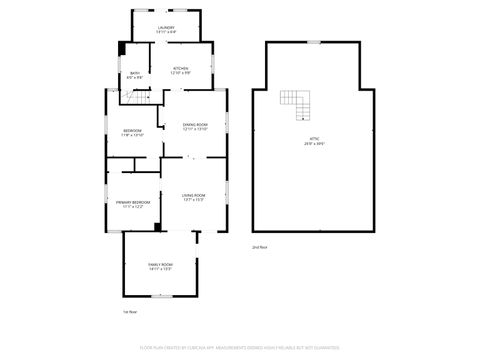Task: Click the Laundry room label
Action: pyautogui.click(x=165, y=30)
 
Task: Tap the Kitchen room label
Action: pyautogui.click(x=180, y=70)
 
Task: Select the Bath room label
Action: pyautogui.click(x=135, y=74)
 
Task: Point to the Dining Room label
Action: pyautogui.click(x=195, y=127)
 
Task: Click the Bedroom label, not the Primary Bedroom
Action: pyautogui.click(x=132, y=133)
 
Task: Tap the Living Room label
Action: pyautogui.click(x=194, y=197)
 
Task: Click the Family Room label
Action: pyautogui.click(x=160, y=266)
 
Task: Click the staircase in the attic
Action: pyautogui.click(x=295, y=103)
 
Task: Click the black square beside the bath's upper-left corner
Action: pyautogui.click(x=122, y=46)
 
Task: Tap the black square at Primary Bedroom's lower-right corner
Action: pyautogui.click(x=158, y=227)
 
